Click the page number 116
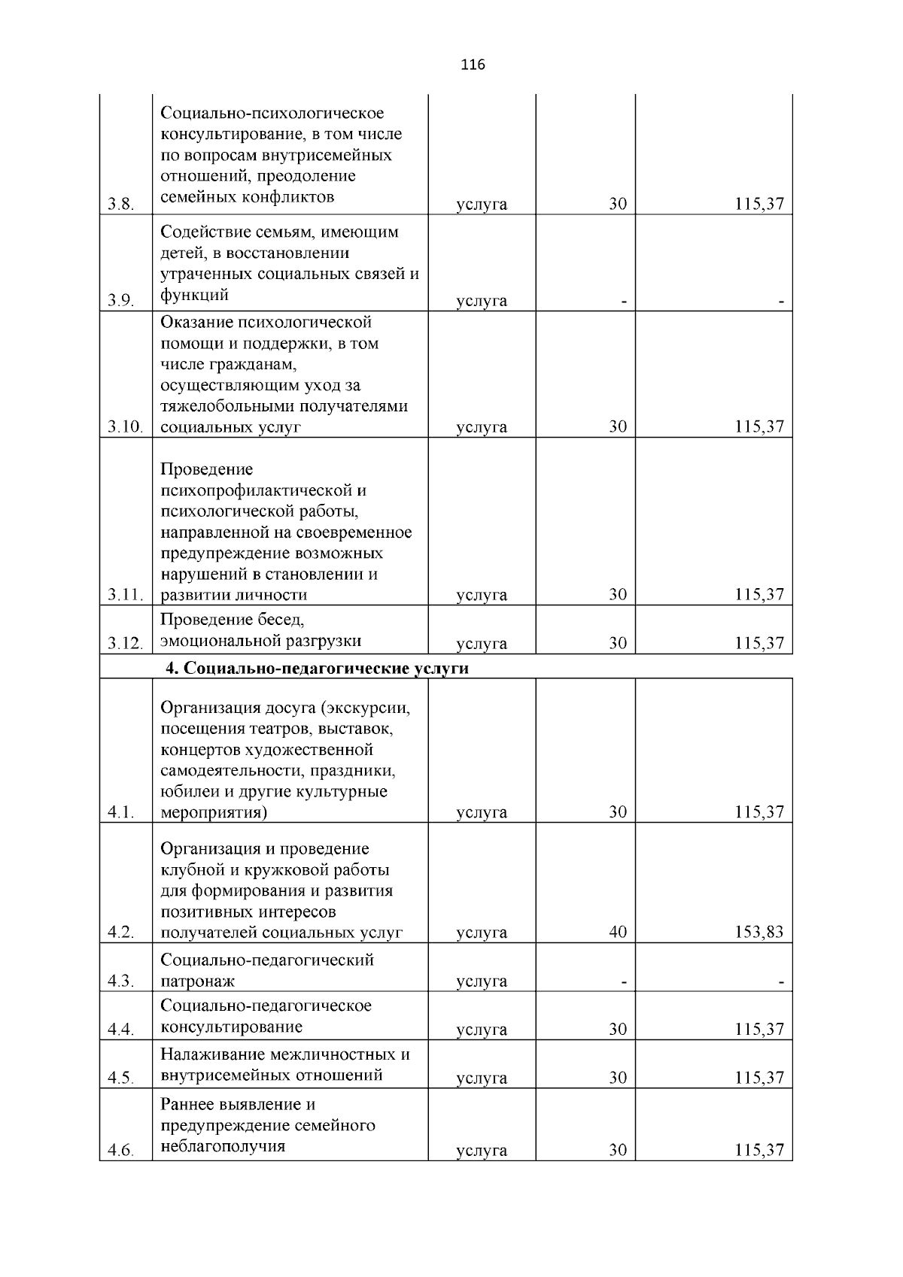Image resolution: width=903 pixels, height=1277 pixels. [473, 65]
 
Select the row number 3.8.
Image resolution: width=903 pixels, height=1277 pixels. [120, 205]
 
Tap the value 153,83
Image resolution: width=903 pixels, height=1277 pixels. [759, 933]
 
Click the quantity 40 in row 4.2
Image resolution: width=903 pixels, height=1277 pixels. [618, 933]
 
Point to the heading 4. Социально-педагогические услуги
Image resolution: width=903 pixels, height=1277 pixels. [317, 669]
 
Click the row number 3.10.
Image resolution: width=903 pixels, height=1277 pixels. [125, 427]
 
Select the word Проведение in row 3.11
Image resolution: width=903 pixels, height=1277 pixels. [207, 470]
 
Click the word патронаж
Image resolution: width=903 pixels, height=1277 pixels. [197, 981]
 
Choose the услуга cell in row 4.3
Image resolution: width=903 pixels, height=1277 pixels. [482, 981]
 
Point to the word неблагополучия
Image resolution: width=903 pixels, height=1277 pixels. [223, 1147]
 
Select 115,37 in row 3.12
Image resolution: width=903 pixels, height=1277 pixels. [759, 643]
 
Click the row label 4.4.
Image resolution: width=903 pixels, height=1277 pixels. [120, 1030]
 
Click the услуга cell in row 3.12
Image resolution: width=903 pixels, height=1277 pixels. [482, 644]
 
